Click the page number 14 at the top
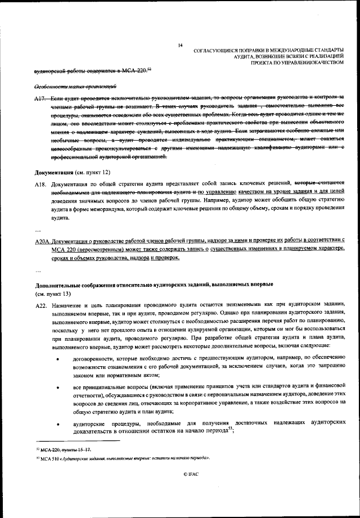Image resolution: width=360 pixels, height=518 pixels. pyautogui.click(x=180, y=45)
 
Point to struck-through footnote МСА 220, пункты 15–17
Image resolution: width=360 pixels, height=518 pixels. pyautogui.click(x=59, y=451)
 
